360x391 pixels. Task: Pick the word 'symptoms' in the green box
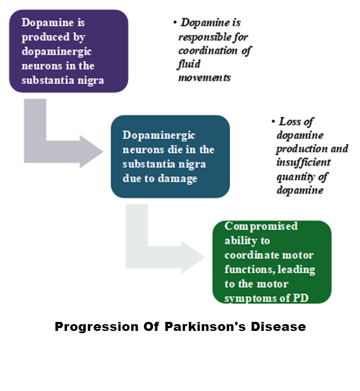tap(253, 297)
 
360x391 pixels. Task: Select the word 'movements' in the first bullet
tap(204, 78)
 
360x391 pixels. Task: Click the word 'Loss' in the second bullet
tap(289, 121)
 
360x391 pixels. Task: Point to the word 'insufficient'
tap(302, 163)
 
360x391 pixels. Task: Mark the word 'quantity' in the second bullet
tap(295, 177)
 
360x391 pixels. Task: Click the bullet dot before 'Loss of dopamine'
tap(273, 122)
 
